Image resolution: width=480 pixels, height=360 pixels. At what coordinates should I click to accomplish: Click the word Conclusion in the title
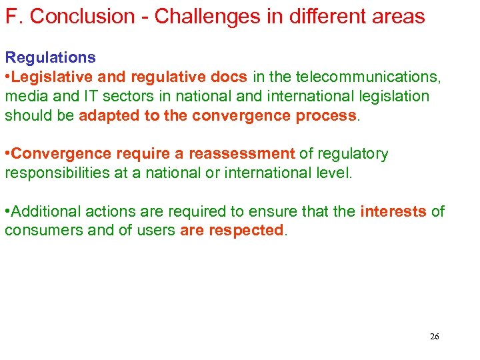[85, 17]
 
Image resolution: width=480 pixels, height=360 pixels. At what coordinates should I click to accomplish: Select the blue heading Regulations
[50, 57]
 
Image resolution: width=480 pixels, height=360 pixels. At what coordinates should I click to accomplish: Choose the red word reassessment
[241, 154]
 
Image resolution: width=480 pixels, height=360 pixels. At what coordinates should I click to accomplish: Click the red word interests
[393, 212]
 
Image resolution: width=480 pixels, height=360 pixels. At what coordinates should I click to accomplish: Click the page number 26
[434, 337]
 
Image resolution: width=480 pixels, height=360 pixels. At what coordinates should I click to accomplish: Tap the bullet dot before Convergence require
[7, 154]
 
